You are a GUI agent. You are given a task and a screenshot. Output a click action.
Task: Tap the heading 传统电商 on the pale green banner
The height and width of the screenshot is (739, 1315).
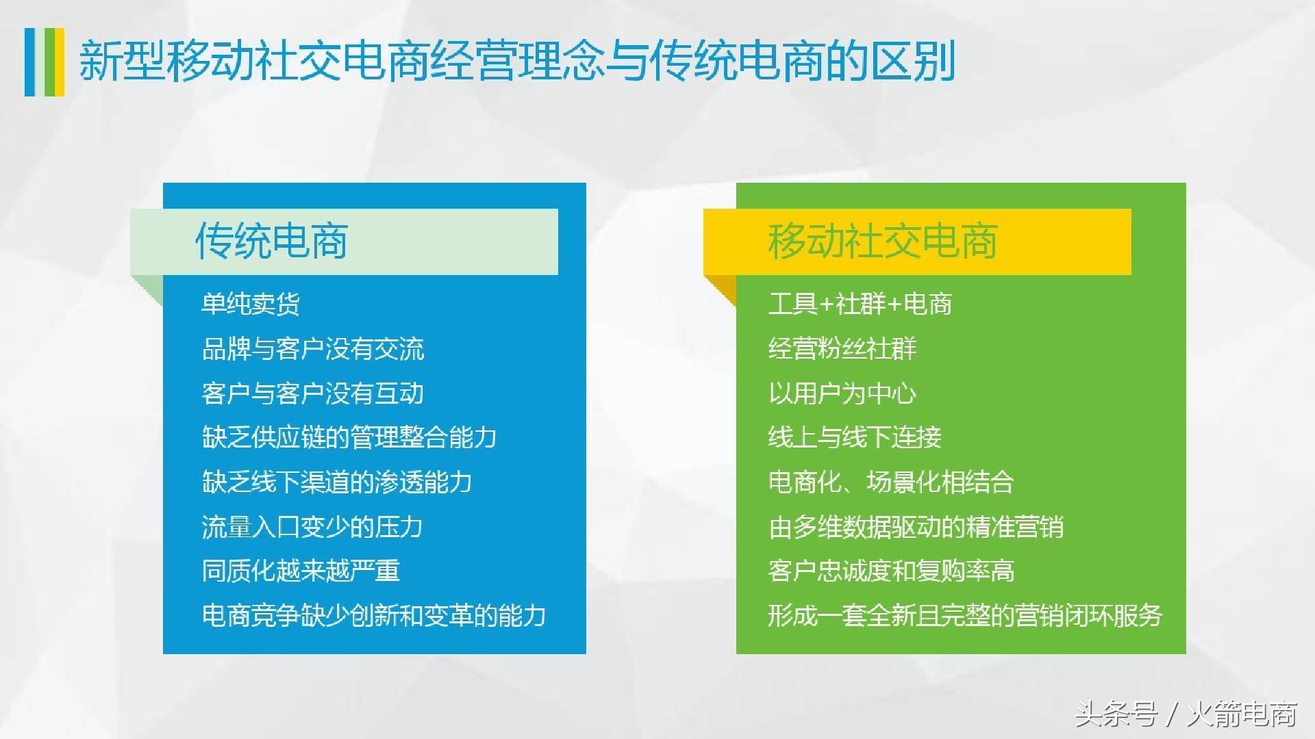coord(272,242)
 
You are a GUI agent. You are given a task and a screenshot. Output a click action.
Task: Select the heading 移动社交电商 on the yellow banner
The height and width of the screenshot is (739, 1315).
coord(882,242)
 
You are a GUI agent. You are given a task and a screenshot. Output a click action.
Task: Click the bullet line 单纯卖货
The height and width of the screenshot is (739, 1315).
coord(251,304)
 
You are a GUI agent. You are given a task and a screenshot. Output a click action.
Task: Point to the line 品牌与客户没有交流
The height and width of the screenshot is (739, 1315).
coord(313,349)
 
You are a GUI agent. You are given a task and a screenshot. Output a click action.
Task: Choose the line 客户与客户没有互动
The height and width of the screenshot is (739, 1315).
coord(313,393)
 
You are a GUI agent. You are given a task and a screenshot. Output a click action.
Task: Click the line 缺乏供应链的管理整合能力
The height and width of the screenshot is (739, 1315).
coord(349,438)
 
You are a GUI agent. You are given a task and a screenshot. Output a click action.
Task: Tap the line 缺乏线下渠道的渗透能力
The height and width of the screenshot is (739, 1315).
coord(337,482)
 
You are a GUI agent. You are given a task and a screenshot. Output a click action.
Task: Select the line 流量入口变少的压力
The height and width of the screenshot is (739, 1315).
coord(312,527)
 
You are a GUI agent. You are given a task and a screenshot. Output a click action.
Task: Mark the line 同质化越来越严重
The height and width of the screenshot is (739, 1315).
coord(301,571)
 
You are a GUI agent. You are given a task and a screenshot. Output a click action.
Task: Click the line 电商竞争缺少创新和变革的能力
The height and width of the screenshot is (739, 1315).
coord(374,616)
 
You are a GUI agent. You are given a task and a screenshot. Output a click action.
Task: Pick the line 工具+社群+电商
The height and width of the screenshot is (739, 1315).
coord(860,304)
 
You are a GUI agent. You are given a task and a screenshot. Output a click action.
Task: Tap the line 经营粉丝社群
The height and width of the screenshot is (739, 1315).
coord(842,349)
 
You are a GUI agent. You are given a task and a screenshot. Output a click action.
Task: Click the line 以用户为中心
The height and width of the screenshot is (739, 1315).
coord(842,393)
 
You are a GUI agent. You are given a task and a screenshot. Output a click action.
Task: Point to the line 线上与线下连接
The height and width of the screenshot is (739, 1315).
coord(855,438)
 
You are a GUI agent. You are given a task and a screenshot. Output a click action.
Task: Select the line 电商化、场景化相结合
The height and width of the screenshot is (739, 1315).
coord(891,482)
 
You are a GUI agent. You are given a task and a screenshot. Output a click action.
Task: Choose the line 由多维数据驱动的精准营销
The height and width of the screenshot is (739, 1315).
coord(916,527)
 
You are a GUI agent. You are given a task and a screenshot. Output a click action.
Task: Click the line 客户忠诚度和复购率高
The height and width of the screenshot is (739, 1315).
coord(891,571)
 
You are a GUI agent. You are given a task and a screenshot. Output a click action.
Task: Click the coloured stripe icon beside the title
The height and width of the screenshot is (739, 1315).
coord(45,62)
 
